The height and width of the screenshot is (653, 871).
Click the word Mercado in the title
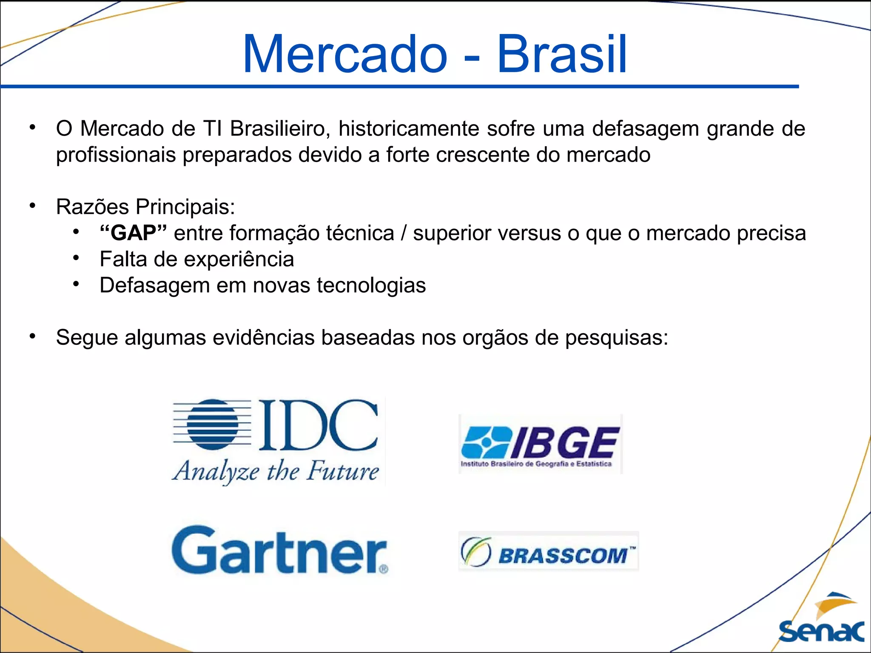[345, 54]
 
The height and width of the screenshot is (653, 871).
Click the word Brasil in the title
[562, 54]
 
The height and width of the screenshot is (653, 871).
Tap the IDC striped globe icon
[213, 423]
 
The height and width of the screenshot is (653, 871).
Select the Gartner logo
[280, 550]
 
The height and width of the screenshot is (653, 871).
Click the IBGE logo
[540, 444]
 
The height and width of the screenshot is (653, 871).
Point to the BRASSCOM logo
[548, 551]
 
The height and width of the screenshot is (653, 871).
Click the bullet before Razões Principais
[33, 206]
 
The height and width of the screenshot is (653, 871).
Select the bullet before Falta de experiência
[76, 258]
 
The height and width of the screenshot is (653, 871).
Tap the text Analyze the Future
[276, 471]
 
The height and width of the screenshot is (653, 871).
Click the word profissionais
[116, 155]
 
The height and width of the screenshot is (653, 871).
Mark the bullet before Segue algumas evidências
[33, 337]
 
